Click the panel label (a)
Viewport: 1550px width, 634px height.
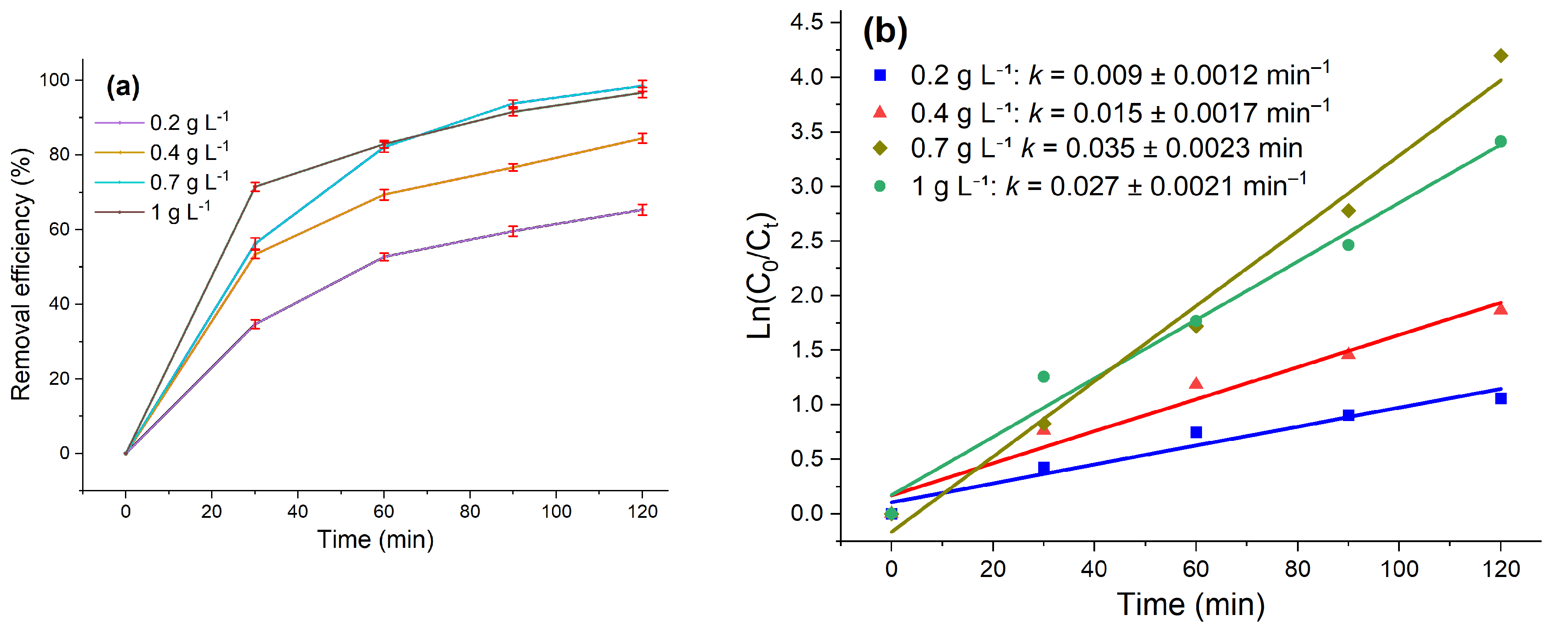[x=123, y=87]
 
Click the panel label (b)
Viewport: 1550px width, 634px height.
[x=885, y=31]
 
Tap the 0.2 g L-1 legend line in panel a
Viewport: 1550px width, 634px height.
[x=119, y=123]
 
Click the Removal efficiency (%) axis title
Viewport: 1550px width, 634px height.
[x=21, y=274]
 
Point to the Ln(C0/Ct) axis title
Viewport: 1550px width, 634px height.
[x=762, y=276]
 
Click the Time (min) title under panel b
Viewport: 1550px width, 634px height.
[x=1191, y=604]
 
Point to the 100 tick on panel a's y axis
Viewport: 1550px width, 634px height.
[x=55, y=80]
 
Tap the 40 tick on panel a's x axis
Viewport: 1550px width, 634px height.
[x=297, y=512]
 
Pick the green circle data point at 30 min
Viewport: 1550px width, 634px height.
[x=1044, y=377]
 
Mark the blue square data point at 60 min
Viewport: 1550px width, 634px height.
[x=1196, y=432]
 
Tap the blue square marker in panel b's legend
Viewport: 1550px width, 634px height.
[x=880, y=75]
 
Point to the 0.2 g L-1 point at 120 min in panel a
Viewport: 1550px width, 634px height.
[x=643, y=209]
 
